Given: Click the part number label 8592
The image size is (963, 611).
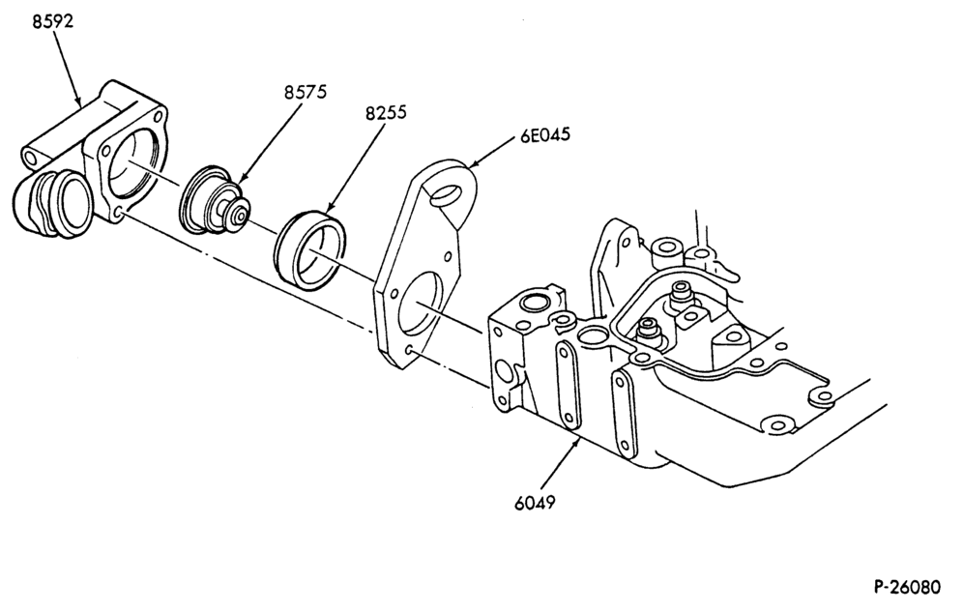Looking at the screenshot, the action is [x=52, y=21].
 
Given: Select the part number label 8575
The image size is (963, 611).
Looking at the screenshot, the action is [x=306, y=92].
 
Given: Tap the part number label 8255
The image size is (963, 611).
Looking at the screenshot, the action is [x=386, y=113].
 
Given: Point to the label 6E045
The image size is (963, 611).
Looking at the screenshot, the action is [x=545, y=134].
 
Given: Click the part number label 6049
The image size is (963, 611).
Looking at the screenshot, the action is [x=535, y=503].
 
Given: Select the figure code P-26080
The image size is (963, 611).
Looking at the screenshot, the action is [x=907, y=587].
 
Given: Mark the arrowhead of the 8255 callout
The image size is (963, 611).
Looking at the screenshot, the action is [x=330, y=210].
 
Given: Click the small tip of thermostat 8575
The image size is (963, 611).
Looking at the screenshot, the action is [x=240, y=215].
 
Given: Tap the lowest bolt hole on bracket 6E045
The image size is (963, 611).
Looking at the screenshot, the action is [x=409, y=351].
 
